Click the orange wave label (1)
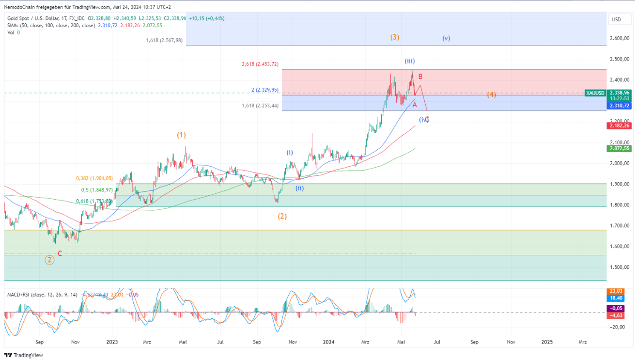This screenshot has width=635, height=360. (x=181, y=135)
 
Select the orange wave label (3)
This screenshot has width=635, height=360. (x=395, y=37)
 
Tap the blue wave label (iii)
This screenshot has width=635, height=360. (x=410, y=61)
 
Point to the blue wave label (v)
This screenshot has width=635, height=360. (x=446, y=38)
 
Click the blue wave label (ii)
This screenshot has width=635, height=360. (x=300, y=188)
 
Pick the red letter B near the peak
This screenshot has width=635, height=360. (x=420, y=77)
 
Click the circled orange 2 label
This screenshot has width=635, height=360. (x=49, y=260)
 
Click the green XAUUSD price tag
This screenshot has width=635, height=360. (x=594, y=92)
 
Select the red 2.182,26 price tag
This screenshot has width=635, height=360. (x=620, y=126)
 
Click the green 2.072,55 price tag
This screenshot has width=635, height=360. (x=620, y=149)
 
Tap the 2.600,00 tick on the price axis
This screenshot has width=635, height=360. (x=620, y=38)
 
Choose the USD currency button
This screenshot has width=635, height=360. (x=616, y=19)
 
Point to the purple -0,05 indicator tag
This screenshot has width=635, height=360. (x=620, y=308)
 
